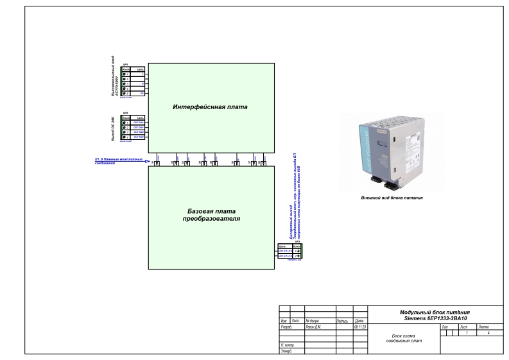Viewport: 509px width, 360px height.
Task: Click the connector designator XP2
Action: (126, 112)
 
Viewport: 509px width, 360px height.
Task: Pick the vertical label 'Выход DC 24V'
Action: (113, 128)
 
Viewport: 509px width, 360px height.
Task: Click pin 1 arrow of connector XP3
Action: (298, 250)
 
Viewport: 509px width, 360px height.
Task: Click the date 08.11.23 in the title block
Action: (360, 327)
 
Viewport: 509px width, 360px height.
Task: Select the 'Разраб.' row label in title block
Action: (286, 327)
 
